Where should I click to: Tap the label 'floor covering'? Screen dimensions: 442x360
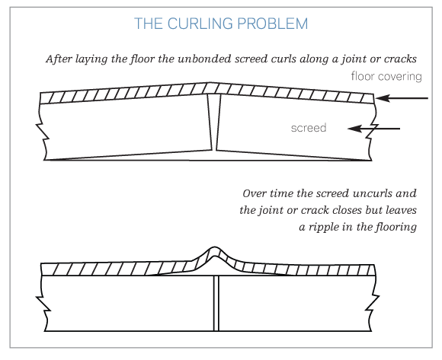point(386,77)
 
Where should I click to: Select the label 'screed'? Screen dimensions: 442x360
point(309,128)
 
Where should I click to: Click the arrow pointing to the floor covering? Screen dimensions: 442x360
point(402,98)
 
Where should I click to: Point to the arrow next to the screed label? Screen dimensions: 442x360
point(373,129)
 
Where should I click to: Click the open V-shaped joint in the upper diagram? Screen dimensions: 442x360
point(214,123)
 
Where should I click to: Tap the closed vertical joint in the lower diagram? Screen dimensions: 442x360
point(216,303)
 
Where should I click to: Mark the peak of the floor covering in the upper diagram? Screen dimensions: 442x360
point(210,83)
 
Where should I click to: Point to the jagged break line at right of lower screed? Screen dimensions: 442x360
point(373,303)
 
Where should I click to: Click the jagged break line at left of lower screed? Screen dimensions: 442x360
point(43,303)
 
